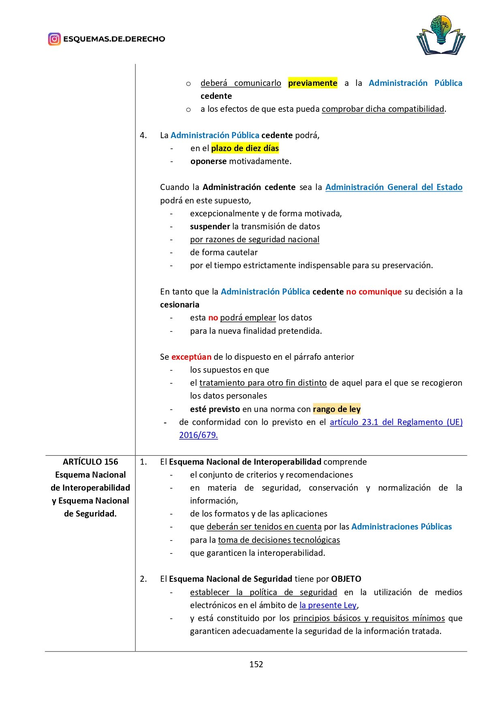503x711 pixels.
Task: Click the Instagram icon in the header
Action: [54, 39]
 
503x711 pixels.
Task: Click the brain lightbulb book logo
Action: [441, 36]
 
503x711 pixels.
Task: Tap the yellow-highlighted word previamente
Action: [313, 83]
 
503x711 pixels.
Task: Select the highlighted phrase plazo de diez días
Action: [245, 148]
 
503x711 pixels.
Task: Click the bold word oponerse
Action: [208, 161]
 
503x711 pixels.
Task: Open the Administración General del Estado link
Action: [394, 187]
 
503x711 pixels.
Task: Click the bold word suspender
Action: [210, 226]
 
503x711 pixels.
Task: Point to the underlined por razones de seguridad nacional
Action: [255, 239]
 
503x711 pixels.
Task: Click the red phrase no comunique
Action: [374, 292]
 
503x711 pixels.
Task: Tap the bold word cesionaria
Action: [180, 305]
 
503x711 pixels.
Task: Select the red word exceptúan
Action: [191, 357]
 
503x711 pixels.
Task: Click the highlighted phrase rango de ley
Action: [336, 409]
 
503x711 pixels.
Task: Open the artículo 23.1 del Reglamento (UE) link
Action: [396, 422]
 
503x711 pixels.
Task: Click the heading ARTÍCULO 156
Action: [90, 462]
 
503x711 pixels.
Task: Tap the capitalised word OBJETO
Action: [346, 579]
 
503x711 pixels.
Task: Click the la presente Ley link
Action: [328, 605]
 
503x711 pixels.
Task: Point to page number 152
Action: [256, 664]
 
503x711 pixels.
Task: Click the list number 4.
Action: [143, 135]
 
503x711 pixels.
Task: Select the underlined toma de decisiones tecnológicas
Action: [279, 540]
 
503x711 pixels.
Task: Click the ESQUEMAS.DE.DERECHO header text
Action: [114, 39]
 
